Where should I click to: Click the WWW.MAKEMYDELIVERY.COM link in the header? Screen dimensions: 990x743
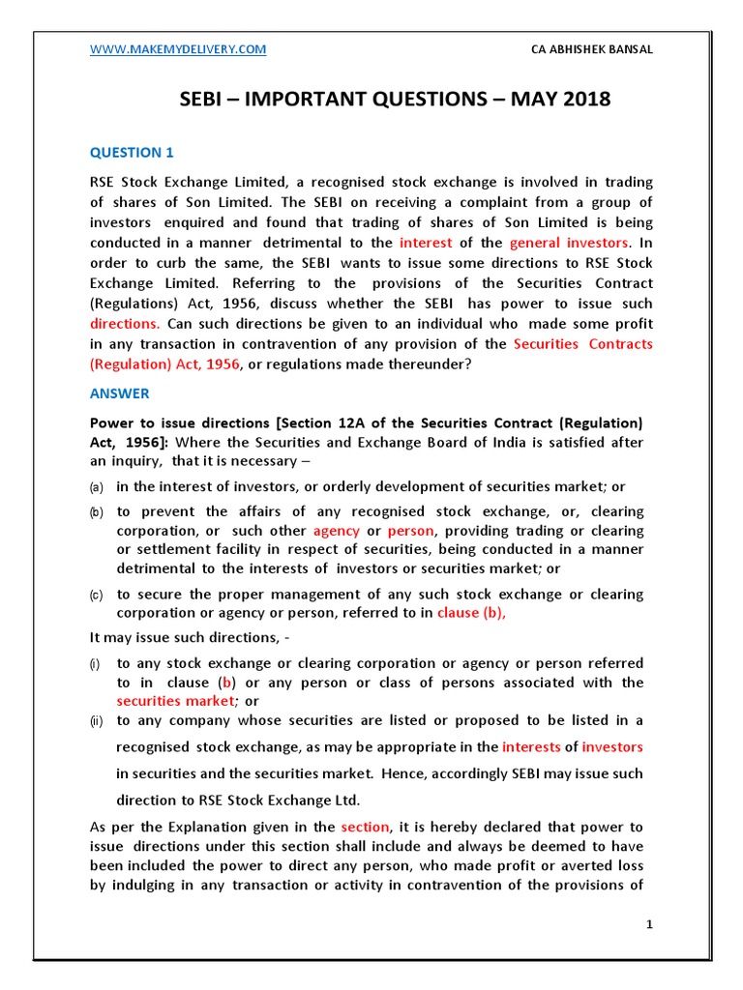[x=178, y=49]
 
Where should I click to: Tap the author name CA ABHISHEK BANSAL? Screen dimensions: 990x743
[x=592, y=49]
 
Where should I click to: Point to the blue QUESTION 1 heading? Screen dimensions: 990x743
[x=132, y=152]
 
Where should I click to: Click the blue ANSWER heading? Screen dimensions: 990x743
[x=120, y=393]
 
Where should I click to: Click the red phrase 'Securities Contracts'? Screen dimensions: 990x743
[x=582, y=344]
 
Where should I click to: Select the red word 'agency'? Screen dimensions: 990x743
[x=336, y=531]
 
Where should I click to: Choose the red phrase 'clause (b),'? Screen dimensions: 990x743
[x=471, y=613]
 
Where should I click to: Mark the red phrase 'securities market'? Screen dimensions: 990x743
[x=175, y=700]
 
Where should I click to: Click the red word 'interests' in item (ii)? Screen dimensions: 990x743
[x=531, y=747]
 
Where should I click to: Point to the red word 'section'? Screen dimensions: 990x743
[x=365, y=828]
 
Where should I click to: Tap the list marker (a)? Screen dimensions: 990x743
[x=97, y=486]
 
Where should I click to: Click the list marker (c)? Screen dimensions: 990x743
[x=97, y=595]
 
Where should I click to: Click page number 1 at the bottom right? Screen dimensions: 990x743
[x=650, y=925]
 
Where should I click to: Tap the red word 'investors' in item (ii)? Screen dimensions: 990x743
[x=611, y=747]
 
